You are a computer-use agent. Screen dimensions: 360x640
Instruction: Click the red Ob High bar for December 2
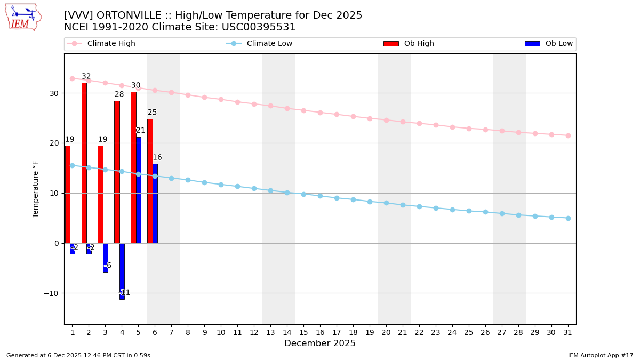(x=84, y=163)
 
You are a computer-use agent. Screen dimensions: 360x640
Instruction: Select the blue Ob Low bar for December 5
(x=139, y=190)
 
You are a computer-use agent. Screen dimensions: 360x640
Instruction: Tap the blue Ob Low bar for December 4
(x=122, y=271)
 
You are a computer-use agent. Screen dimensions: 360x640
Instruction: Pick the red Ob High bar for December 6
(x=150, y=181)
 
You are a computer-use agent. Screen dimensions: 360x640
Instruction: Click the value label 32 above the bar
(x=86, y=76)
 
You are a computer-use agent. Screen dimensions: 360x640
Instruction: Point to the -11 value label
(x=124, y=292)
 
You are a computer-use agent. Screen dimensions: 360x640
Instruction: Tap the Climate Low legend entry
(x=267, y=44)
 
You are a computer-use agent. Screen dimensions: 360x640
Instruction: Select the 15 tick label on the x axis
(x=303, y=332)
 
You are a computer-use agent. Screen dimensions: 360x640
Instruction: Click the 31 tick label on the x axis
(x=568, y=332)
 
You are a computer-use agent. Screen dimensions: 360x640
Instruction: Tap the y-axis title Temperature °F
(x=36, y=189)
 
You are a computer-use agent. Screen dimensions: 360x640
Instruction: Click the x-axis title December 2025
(x=320, y=343)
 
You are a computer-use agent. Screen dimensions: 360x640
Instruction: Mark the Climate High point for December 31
(x=568, y=135)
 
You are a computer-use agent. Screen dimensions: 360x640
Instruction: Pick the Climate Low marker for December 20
(x=386, y=203)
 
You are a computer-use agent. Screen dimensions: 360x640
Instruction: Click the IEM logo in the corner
(x=23, y=17)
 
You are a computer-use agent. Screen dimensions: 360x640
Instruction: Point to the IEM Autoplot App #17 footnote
(x=601, y=355)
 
